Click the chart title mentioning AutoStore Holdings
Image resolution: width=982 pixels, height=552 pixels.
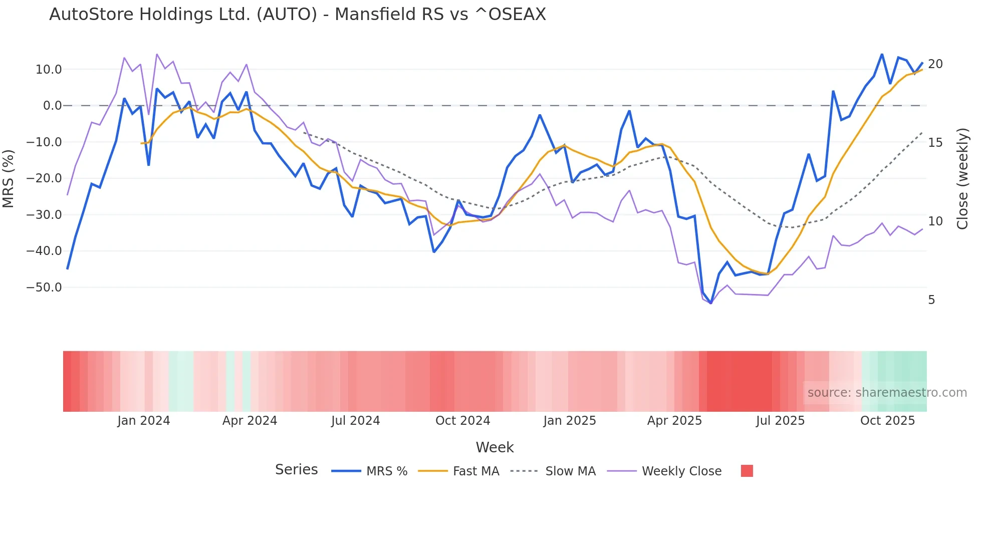[298, 15]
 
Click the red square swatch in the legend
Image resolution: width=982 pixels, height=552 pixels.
[747, 471]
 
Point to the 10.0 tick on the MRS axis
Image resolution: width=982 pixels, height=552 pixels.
[49, 70]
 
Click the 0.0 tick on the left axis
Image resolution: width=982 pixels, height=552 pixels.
[52, 106]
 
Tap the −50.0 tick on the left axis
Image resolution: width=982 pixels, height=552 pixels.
[45, 288]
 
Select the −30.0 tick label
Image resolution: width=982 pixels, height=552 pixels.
[45, 215]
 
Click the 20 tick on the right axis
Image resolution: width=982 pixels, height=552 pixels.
[935, 64]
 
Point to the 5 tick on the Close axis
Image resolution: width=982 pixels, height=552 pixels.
[931, 300]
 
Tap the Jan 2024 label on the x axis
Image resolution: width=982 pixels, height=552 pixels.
[144, 421]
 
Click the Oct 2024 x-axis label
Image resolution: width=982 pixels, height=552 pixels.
[462, 421]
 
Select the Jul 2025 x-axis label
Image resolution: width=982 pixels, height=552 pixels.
[780, 421]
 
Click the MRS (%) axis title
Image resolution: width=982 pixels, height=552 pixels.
[9, 178]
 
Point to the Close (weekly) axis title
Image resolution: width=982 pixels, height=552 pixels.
[962, 178]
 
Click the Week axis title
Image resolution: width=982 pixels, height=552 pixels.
[495, 447]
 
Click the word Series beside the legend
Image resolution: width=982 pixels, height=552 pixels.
[296, 470]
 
